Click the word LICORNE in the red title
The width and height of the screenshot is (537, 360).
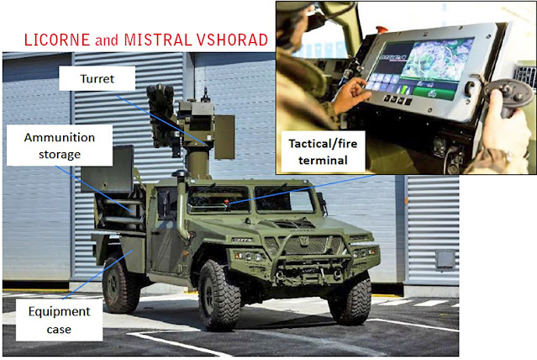coord(57,40)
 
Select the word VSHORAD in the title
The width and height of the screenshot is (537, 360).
coord(232,40)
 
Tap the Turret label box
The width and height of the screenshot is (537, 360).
coord(97,78)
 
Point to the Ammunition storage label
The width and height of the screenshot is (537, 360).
coord(60,146)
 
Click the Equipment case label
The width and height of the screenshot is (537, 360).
coord(60,320)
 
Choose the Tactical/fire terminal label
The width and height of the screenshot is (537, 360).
coord(323,151)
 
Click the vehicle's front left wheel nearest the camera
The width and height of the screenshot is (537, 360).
coord(219,295)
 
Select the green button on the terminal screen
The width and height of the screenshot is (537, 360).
coord(434,93)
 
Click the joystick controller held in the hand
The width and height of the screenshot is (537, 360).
coord(507,97)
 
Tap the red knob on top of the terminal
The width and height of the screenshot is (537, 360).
coord(382,29)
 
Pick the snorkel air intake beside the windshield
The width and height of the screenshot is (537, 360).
coord(182,206)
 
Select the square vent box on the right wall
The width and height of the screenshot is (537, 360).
coord(445,259)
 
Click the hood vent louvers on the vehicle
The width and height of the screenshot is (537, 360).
coord(294,224)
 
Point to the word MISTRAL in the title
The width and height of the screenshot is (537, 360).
coord(158,40)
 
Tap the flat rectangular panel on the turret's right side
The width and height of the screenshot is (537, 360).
coord(224,137)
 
